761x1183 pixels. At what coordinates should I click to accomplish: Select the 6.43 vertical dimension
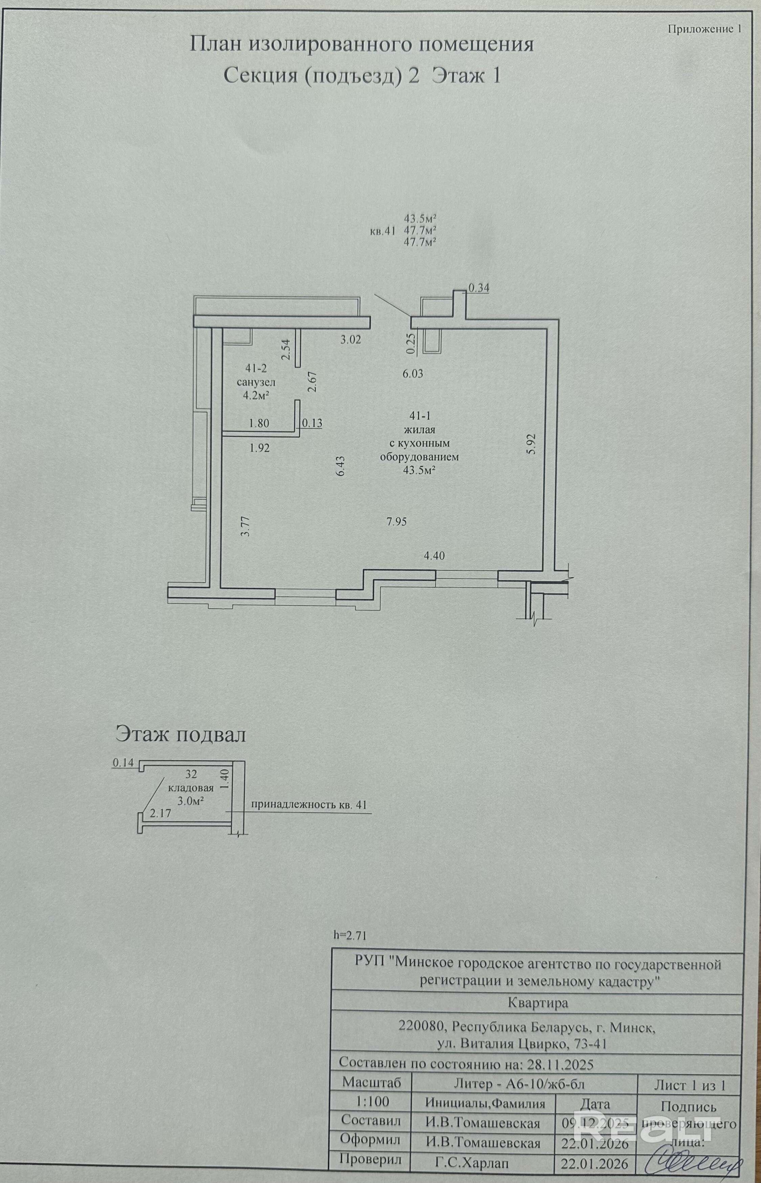[x=340, y=466]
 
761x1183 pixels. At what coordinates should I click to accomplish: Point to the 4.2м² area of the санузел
[x=255, y=395]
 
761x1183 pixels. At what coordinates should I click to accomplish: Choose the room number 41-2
[x=255, y=368]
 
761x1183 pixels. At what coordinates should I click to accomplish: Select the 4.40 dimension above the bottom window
[x=434, y=556]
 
